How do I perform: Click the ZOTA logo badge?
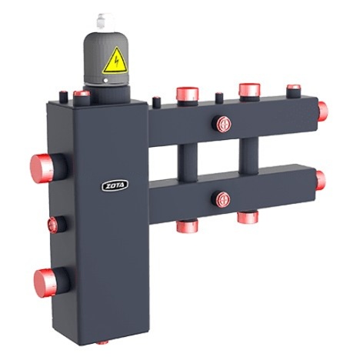115,185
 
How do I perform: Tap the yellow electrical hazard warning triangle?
115,61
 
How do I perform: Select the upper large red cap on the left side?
42,168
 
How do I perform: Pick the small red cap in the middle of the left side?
52,225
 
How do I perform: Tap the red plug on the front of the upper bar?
223,124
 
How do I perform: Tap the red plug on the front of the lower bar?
222,198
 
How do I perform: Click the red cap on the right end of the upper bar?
323,112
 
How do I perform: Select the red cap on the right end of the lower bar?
321,181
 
